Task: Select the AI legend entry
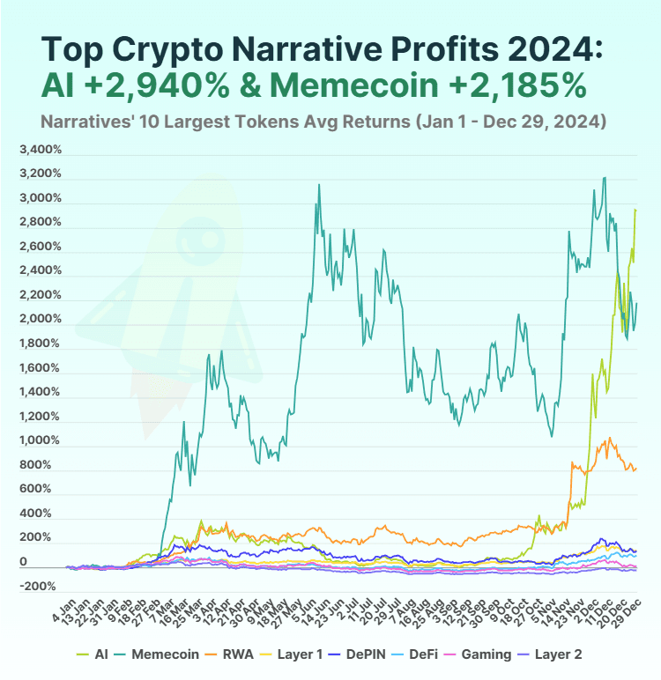click(98, 654)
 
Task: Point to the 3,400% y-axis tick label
click(40, 149)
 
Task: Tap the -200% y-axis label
click(40, 586)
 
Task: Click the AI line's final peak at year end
click(635, 210)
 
